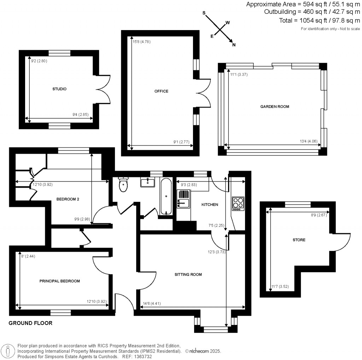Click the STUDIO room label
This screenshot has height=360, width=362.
pyautogui.click(x=59, y=89)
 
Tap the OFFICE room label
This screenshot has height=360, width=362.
pyautogui.click(x=161, y=91)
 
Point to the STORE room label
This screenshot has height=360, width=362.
pyautogui.click(x=299, y=240)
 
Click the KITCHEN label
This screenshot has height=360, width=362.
pyautogui.click(x=210, y=205)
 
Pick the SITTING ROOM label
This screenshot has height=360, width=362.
pyautogui.click(x=188, y=274)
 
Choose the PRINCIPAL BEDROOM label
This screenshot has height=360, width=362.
pyautogui.click(x=59, y=281)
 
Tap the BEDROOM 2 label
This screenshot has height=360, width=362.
pyautogui.click(x=68, y=199)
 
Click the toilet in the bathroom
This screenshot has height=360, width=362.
pyautogui.click(x=123, y=184)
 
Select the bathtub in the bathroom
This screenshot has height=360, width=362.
pyautogui.click(x=166, y=197)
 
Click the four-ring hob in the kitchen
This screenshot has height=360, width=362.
pyautogui.click(x=238, y=203)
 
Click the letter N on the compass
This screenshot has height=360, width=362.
pyautogui.click(x=234, y=45)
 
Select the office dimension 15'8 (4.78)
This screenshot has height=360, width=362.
pyautogui.click(x=141, y=42)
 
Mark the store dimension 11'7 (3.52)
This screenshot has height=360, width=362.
pyautogui.click(x=280, y=287)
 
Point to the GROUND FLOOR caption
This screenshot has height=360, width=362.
pyautogui.click(x=30, y=323)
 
